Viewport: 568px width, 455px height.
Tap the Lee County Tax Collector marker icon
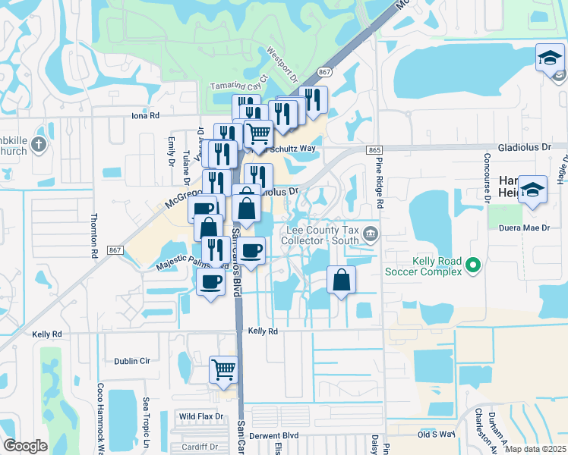point(370,234)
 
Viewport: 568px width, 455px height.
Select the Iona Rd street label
point(145,116)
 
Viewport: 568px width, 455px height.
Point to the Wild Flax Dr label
point(200,416)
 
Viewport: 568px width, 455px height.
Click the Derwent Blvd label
point(274,436)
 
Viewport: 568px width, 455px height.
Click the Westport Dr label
point(284,66)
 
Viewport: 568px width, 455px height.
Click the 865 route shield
point(374,151)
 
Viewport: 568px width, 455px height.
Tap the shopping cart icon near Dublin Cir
point(224,371)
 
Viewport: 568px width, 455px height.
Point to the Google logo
point(25,446)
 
